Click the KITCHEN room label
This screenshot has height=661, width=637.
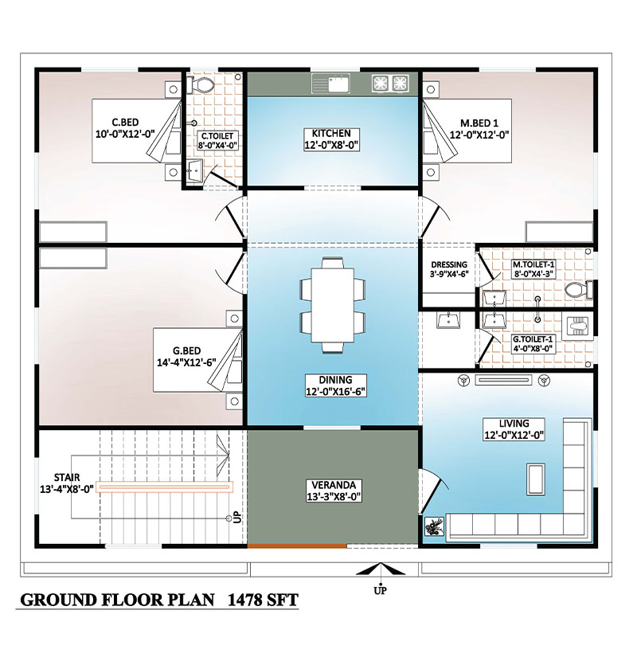[x=331, y=133]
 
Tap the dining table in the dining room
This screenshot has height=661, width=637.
[x=332, y=305]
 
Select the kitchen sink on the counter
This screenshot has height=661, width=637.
[x=330, y=83]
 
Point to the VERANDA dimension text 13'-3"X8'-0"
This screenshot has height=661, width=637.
[x=334, y=497]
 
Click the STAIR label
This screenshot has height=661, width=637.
[x=67, y=478]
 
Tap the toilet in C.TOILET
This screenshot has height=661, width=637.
[x=201, y=84]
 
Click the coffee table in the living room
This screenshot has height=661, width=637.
[x=535, y=479]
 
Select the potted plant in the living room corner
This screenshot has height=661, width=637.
[x=434, y=526]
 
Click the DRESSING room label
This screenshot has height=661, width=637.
[x=449, y=264]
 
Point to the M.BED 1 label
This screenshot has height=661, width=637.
[x=479, y=123]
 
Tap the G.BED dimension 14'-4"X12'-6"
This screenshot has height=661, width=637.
[x=186, y=362]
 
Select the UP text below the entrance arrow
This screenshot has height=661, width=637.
[x=380, y=591]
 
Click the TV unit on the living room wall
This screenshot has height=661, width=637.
[x=503, y=380]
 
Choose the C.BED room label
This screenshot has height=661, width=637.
[x=125, y=123]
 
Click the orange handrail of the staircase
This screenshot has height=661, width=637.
[x=164, y=487]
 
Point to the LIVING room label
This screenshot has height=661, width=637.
[x=514, y=423]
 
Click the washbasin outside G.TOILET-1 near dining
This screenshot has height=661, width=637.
[x=448, y=320]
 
